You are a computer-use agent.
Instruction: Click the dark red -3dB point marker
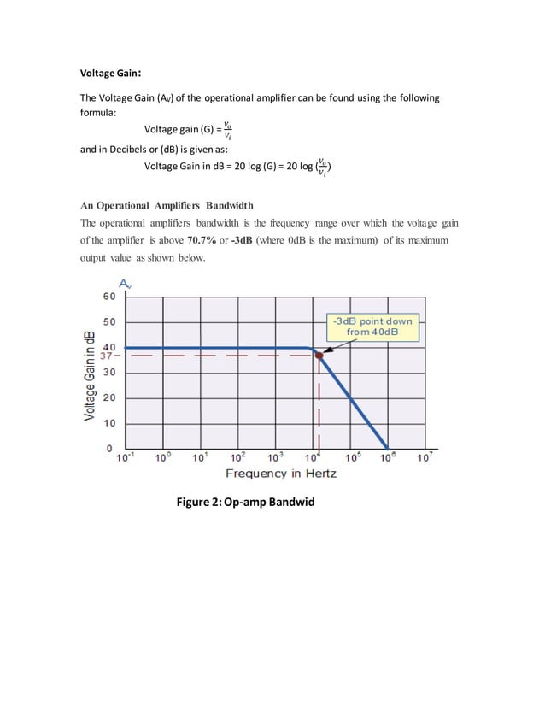coord(319,354)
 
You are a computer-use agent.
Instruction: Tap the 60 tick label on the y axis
coord(108,297)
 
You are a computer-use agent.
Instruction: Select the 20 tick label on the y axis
coord(108,397)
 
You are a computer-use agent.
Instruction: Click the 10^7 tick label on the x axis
coord(425,457)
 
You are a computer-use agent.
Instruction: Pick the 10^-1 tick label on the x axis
coord(125,457)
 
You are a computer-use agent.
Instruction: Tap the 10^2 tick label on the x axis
coord(238,457)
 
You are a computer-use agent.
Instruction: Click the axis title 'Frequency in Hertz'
coord(280,473)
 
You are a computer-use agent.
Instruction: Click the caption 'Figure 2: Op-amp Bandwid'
coord(245,501)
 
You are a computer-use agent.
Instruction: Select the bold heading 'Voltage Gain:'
coord(110,72)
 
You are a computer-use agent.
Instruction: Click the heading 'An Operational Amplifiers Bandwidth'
coord(166,205)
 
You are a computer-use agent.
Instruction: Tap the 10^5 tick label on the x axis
coord(352,457)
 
